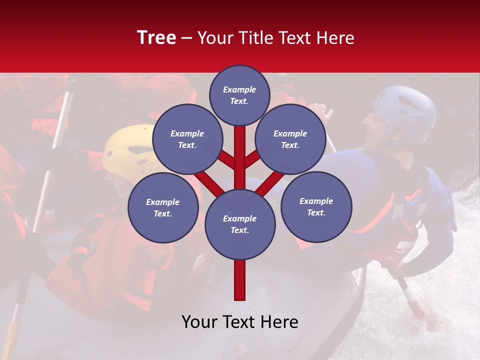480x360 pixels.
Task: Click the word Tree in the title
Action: [156, 38]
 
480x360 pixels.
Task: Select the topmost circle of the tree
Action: [239, 95]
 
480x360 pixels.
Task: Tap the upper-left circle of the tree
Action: [187, 139]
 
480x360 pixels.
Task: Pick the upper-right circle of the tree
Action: [290, 139]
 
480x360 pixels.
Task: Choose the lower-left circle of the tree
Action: [163, 208]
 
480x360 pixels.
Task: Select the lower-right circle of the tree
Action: [316, 207]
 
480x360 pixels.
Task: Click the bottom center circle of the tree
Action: [240, 224]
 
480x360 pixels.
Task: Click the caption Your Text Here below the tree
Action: [240, 322]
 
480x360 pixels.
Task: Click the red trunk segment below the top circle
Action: [240, 145]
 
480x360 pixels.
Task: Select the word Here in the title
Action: [336, 38]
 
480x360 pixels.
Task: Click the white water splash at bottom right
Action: [440, 320]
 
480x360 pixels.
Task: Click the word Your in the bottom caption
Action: [200, 322]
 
